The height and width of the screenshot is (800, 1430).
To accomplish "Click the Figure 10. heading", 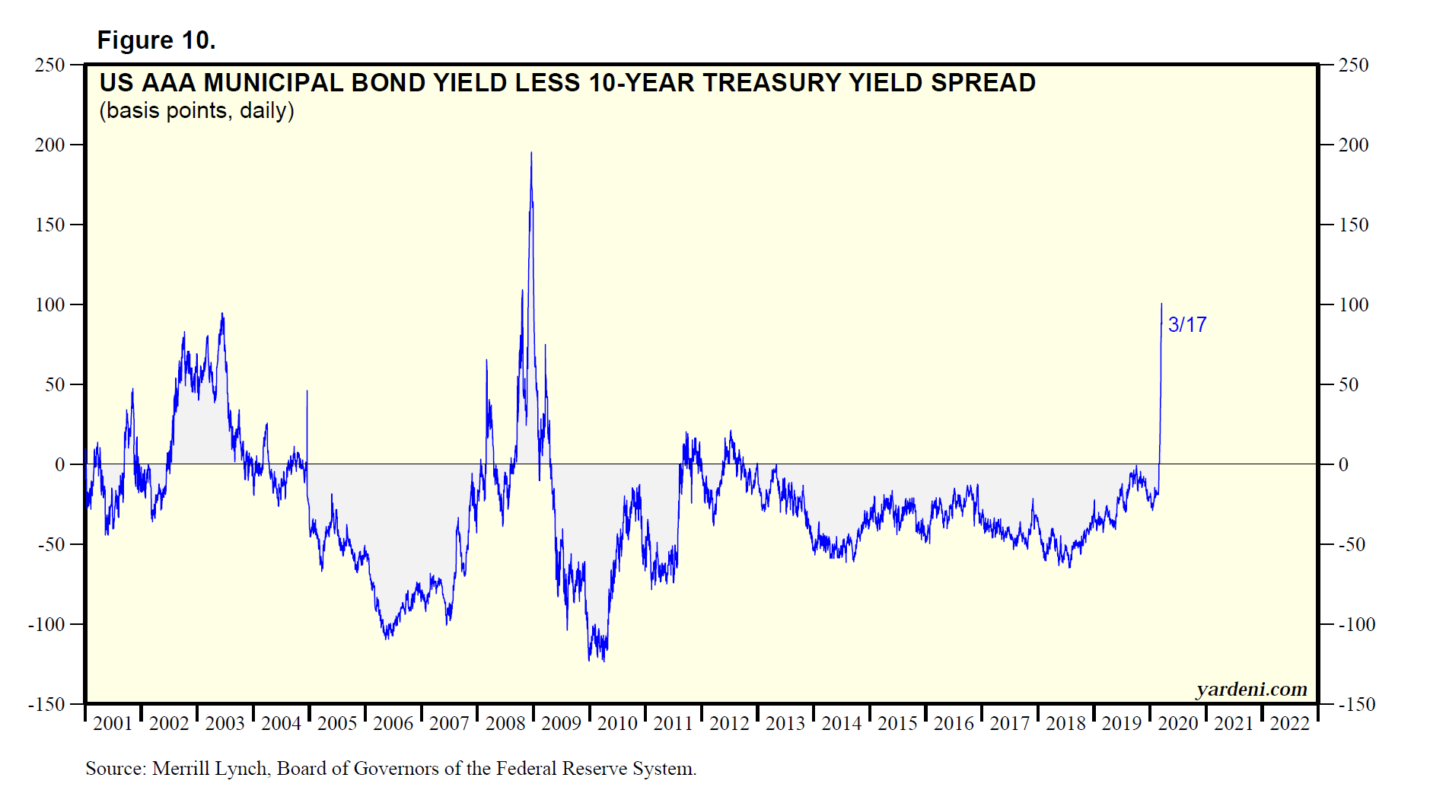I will point(156,40).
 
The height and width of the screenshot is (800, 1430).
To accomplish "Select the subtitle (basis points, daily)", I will point(196,111).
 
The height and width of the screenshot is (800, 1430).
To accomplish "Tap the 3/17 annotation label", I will point(1187,325).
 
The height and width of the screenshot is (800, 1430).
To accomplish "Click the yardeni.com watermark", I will point(1251,690).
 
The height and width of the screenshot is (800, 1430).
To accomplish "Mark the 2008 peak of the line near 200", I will point(531,153).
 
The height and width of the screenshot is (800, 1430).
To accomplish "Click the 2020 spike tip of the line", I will point(1161,304).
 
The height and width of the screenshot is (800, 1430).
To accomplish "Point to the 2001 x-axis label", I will point(113,724).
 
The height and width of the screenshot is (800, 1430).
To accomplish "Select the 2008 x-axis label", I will point(505,724).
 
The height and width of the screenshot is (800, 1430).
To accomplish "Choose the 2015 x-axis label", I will point(898,724).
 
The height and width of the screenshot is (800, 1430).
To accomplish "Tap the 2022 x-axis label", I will point(1290,724).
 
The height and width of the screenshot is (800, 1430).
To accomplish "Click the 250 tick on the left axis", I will point(50,65).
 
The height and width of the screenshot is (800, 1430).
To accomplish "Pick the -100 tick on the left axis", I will point(47,625).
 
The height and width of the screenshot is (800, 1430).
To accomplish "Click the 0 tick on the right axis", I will point(1344,465).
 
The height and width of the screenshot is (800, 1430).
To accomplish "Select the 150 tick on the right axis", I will point(1354,225).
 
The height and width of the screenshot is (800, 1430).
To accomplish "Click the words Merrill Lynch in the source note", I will point(210,769).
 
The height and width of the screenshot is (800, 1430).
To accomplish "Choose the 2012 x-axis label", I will point(729,724).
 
